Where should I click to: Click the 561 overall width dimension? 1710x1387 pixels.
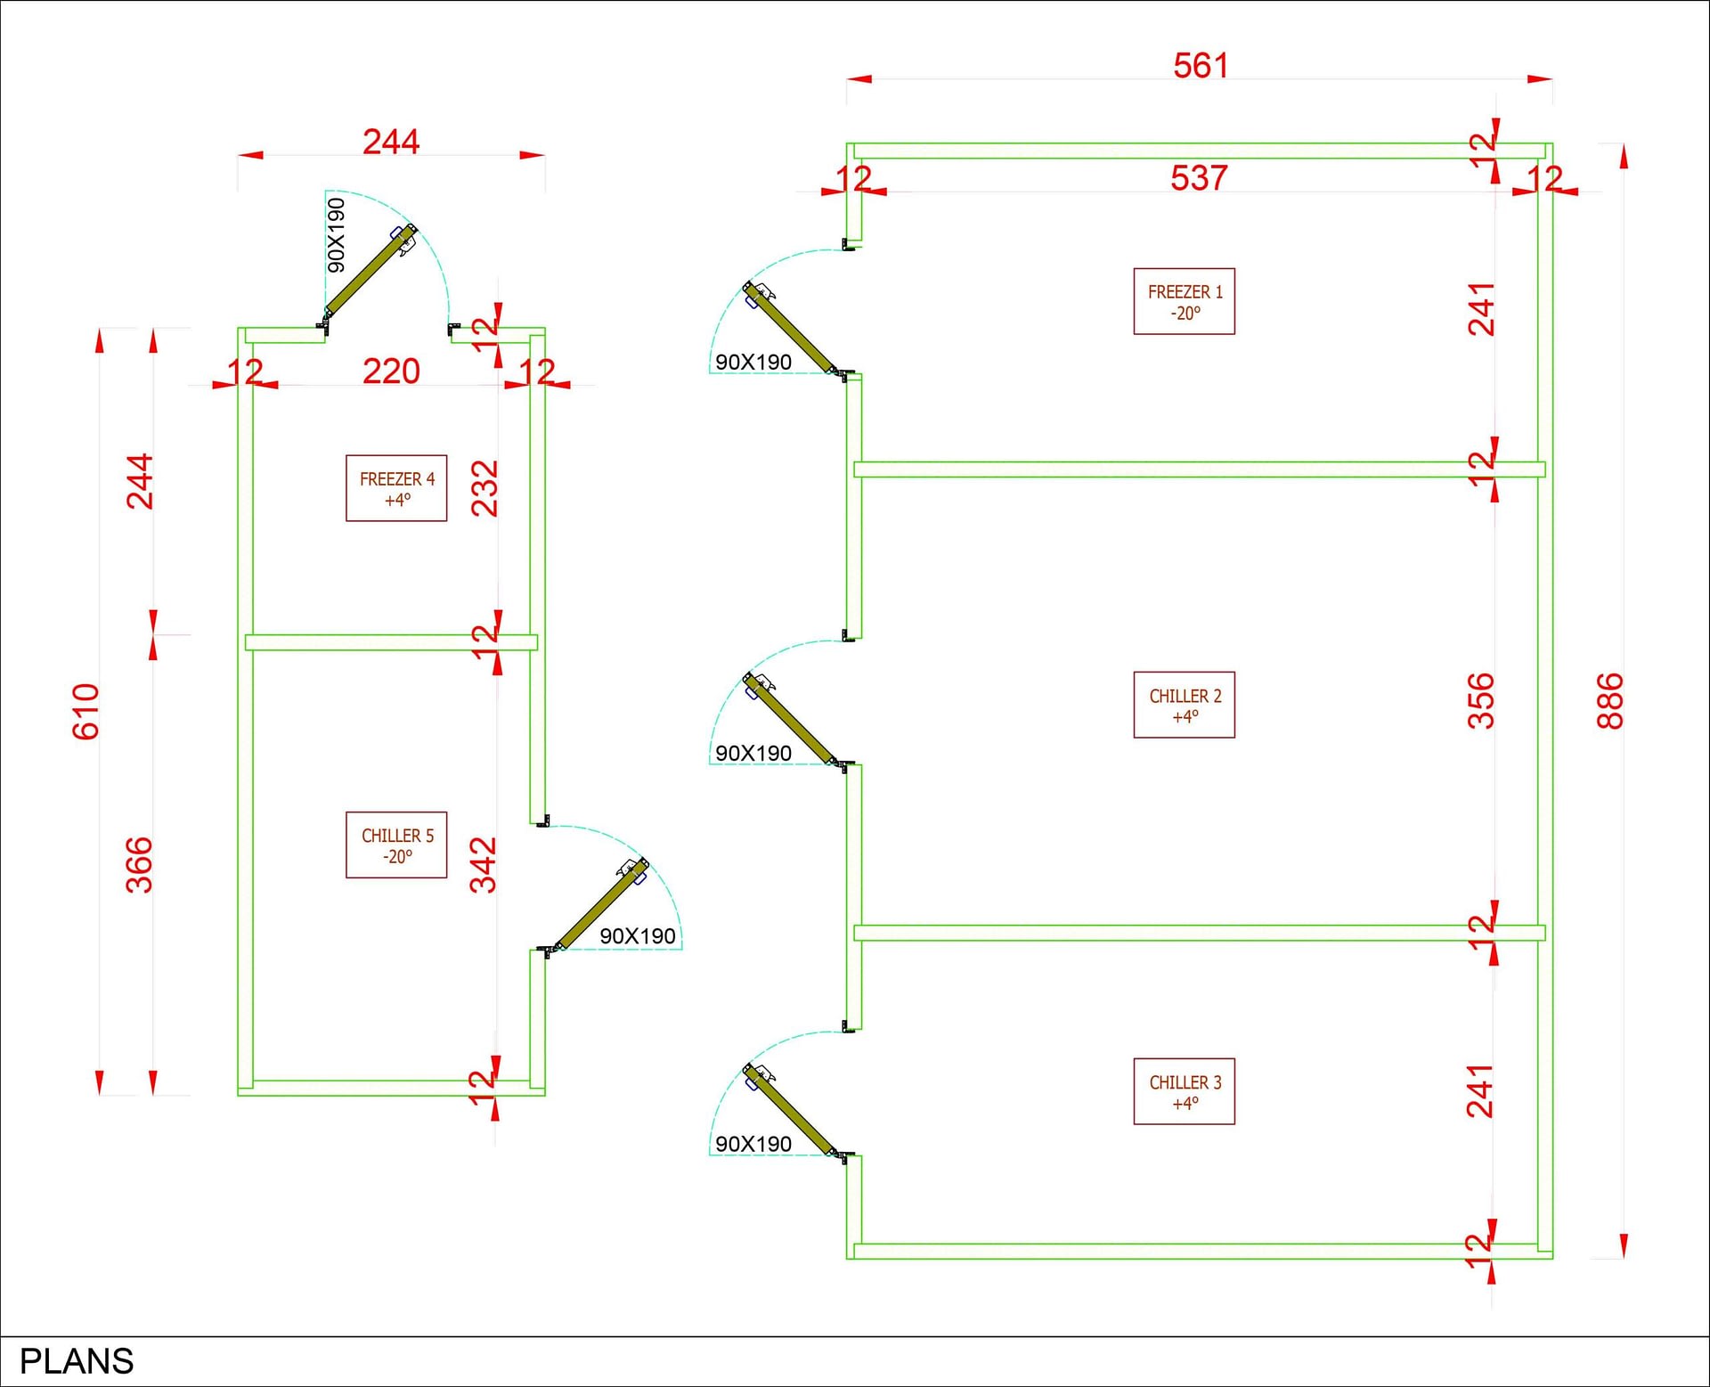(x=1201, y=66)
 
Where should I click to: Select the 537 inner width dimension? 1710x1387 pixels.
(x=1199, y=178)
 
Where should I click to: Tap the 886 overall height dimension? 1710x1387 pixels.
(x=1610, y=701)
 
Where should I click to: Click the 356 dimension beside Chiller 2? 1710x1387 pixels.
(x=1481, y=701)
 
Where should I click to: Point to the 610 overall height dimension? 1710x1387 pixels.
(x=85, y=712)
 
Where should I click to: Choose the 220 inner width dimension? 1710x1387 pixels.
(x=391, y=371)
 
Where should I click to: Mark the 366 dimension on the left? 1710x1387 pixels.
(x=139, y=865)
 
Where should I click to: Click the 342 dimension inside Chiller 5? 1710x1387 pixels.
(x=484, y=865)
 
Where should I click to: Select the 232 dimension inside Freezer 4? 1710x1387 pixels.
(x=484, y=488)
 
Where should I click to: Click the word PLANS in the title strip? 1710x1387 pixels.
(x=77, y=1361)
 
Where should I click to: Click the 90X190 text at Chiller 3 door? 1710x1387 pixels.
(x=753, y=1144)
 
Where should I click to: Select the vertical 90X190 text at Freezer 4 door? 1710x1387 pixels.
(x=336, y=235)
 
